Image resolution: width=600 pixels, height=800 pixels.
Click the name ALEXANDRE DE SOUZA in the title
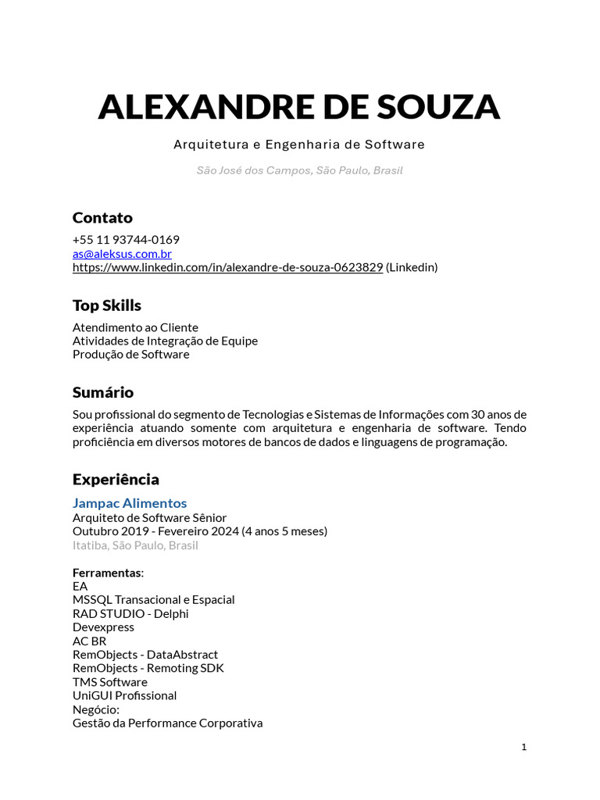point(299,107)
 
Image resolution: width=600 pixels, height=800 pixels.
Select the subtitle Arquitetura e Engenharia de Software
point(299,145)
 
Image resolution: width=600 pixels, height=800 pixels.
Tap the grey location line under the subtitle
point(299,170)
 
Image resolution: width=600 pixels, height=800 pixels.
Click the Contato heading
point(102,217)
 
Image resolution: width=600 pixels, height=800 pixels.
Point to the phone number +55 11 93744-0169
point(126,240)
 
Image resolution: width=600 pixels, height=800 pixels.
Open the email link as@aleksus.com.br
point(122,254)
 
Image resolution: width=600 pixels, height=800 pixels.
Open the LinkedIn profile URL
point(227,267)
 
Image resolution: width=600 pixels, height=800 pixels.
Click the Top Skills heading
point(107,305)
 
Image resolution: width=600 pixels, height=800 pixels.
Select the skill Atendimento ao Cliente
point(135,327)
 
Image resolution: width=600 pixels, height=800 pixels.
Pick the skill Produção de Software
point(130,355)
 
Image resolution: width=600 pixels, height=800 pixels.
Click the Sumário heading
point(103,392)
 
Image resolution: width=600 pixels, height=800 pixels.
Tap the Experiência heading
point(116,479)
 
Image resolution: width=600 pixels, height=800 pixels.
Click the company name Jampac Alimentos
point(130,503)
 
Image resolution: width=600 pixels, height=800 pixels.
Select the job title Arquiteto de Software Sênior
point(149,517)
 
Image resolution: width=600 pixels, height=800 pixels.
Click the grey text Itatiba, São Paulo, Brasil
point(135,545)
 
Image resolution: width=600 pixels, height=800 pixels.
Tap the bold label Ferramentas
point(108,573)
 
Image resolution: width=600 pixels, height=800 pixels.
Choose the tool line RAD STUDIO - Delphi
point(130,613)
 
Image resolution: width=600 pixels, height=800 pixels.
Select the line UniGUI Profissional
point(124,695)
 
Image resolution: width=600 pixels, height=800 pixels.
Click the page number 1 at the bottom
point(524,747)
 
